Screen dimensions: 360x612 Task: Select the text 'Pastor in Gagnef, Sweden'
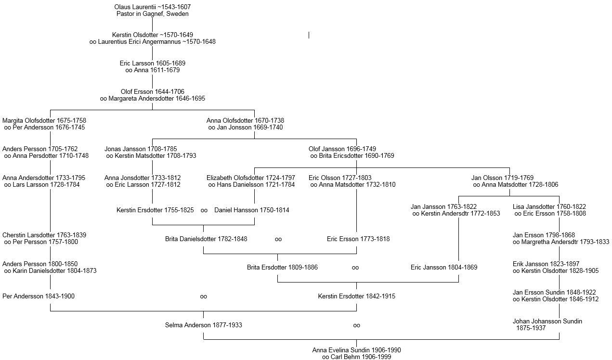click(x=152, y=14)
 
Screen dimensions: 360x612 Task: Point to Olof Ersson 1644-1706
click(x=152, y=91)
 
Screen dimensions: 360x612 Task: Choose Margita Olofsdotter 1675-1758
click(x=44, y=120)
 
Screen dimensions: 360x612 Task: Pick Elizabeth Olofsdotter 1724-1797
click(x=251, y=178)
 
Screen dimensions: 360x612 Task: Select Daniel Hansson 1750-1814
click(x=252, y=210)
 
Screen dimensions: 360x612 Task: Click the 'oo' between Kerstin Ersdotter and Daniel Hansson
click(x=204, y=210)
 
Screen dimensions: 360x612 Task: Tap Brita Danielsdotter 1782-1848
click(x=206, y=239)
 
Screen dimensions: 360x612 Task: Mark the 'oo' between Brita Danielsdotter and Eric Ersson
click(x=278, y=239)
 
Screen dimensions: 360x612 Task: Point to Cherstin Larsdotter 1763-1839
click(x=44, y=235)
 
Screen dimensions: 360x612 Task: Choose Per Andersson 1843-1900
click(x=39, y=296)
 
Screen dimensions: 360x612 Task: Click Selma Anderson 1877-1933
click(x=203, y=325)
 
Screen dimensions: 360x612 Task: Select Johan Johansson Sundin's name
click(x=547, y=321)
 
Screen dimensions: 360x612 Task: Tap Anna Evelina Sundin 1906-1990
click(x=356, y=350)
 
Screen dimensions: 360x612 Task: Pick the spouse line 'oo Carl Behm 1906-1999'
click(x=356, y=357)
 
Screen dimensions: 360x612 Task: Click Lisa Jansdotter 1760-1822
click(x=549, y=206)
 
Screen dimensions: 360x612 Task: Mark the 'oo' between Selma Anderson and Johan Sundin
click(x=356, y=325)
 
